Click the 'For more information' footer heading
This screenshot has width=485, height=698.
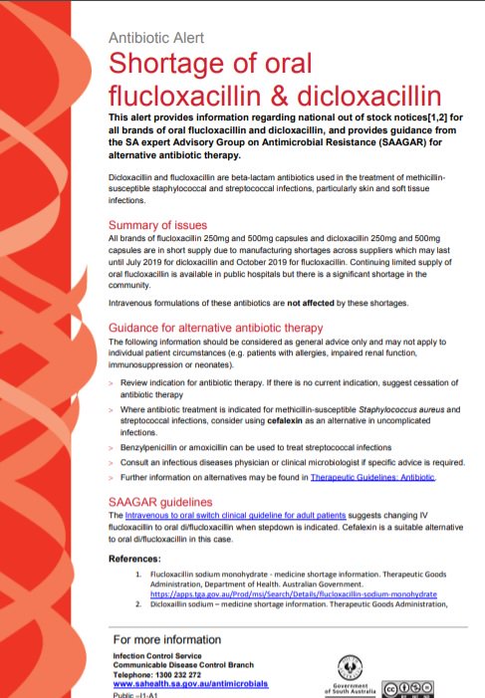click(x=162, y=637)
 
